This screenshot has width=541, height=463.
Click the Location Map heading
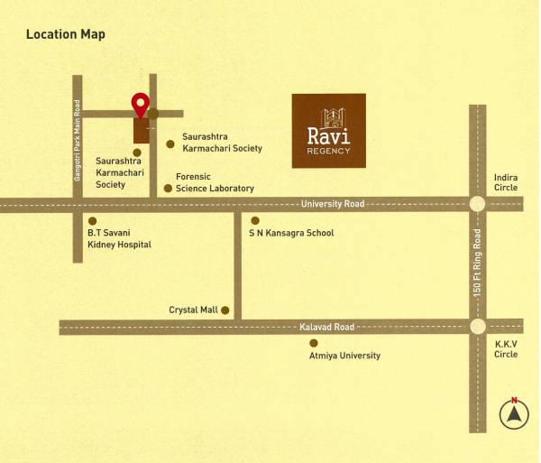tap(65, 34)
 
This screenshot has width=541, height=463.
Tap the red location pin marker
tap(141, 105)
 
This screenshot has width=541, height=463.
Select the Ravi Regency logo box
tap(328, 131)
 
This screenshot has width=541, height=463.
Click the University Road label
tap(333, 204)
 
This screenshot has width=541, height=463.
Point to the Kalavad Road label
tap(326, 327)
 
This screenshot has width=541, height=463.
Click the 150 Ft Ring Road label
tap(477, 263)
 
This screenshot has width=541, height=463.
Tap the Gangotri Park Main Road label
tap(78, 140)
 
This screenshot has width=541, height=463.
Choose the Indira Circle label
tap(506, 183)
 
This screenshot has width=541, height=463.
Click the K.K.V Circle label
tap(506, 349)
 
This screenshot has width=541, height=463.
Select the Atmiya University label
tap(344, 356)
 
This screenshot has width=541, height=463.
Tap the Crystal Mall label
tap(193, 310)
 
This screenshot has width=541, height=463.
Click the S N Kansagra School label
tap(291, 233)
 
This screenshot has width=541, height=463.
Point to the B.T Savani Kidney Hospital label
tap(118, 238)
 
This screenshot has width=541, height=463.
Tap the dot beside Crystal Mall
tap(225, 310)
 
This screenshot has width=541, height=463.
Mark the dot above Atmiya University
tap(313, 343)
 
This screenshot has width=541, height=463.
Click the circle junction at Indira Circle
tap(477, 204)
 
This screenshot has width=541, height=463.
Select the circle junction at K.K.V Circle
tap(477, 327)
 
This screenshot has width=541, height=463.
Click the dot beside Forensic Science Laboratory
tap(168, 189)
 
